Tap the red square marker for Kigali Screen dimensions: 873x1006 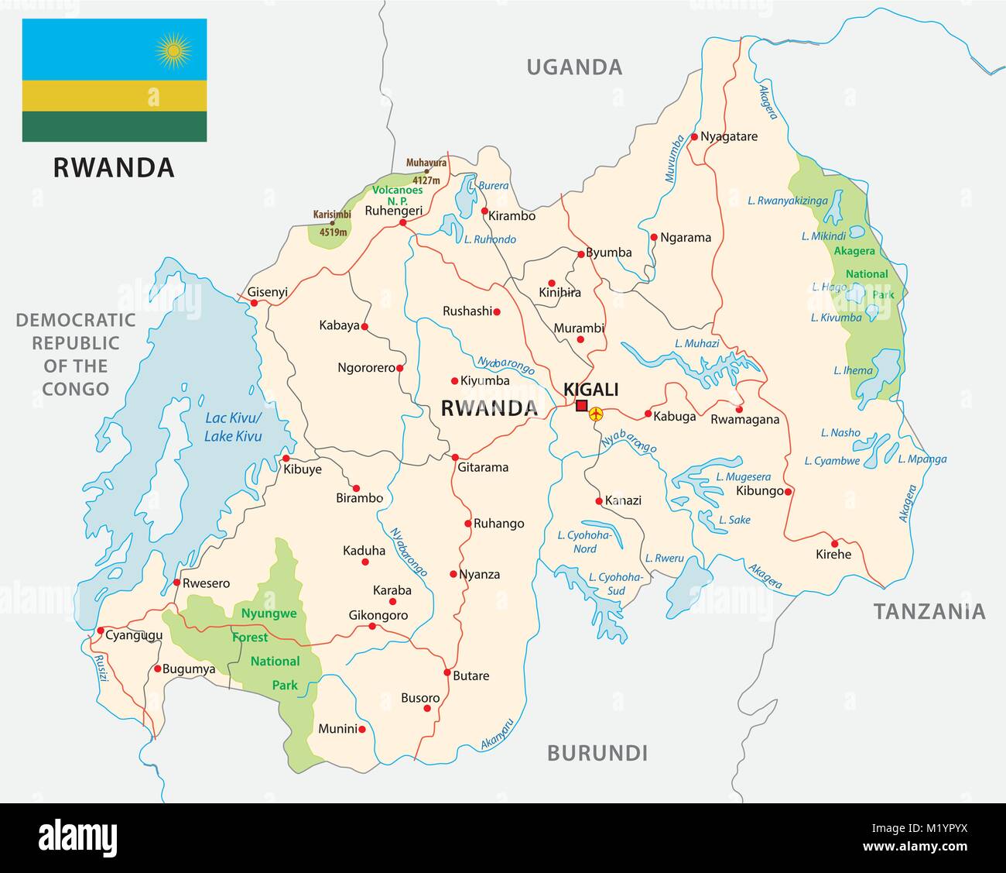[x=582, y=406]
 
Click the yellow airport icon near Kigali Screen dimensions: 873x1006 [x=596, y=415]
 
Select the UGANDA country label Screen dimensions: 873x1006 [x=574, y=67]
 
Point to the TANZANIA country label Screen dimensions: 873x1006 [x=929, y=612]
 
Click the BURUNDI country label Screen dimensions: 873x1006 [x=597, y=752]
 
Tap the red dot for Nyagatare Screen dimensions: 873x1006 [x=694, y=136]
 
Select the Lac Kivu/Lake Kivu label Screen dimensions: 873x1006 [x=233, y=427]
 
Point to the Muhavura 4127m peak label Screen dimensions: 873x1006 [x=426, y=170]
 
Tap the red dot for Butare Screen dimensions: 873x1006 [x=447, y=671]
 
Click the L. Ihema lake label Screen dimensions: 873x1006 [x=853, y=370]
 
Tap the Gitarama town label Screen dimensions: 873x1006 [x=483, y=467]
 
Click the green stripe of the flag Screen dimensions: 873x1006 [x=115, y=126]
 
